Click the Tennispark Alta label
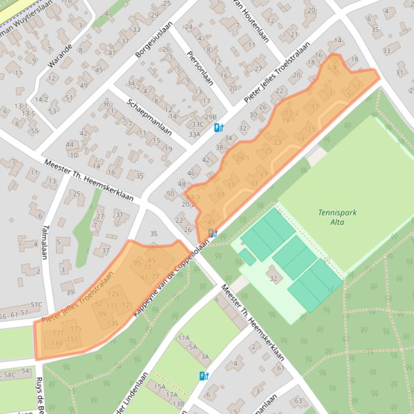click(337, 217)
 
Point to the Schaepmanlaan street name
click(149, 117)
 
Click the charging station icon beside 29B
click(219, 127)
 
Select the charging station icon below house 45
click(213, 233)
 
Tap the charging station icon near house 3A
click(204, 376)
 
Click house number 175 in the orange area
click(76, 329)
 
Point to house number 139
click(57, 344)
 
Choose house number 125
click(113, 294)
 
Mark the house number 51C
click(36, 305)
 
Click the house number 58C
click(10, 374)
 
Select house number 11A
click(184, 338)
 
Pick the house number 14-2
click(41, 99)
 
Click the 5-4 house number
click(331, 68)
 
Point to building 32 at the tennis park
click(273, 278)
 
